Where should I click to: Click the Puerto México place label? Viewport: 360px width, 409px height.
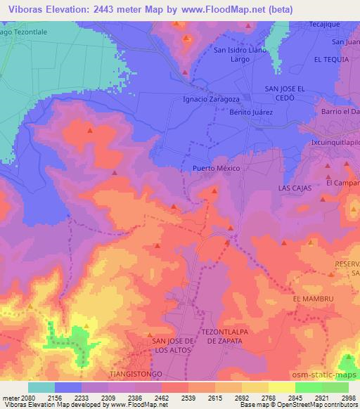tap(216, 169)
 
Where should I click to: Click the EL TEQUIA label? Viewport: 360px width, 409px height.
tap(331, 60)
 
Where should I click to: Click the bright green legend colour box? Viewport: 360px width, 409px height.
tap(308, 387)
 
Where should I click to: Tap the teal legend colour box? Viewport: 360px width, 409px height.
tap(41, 387)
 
